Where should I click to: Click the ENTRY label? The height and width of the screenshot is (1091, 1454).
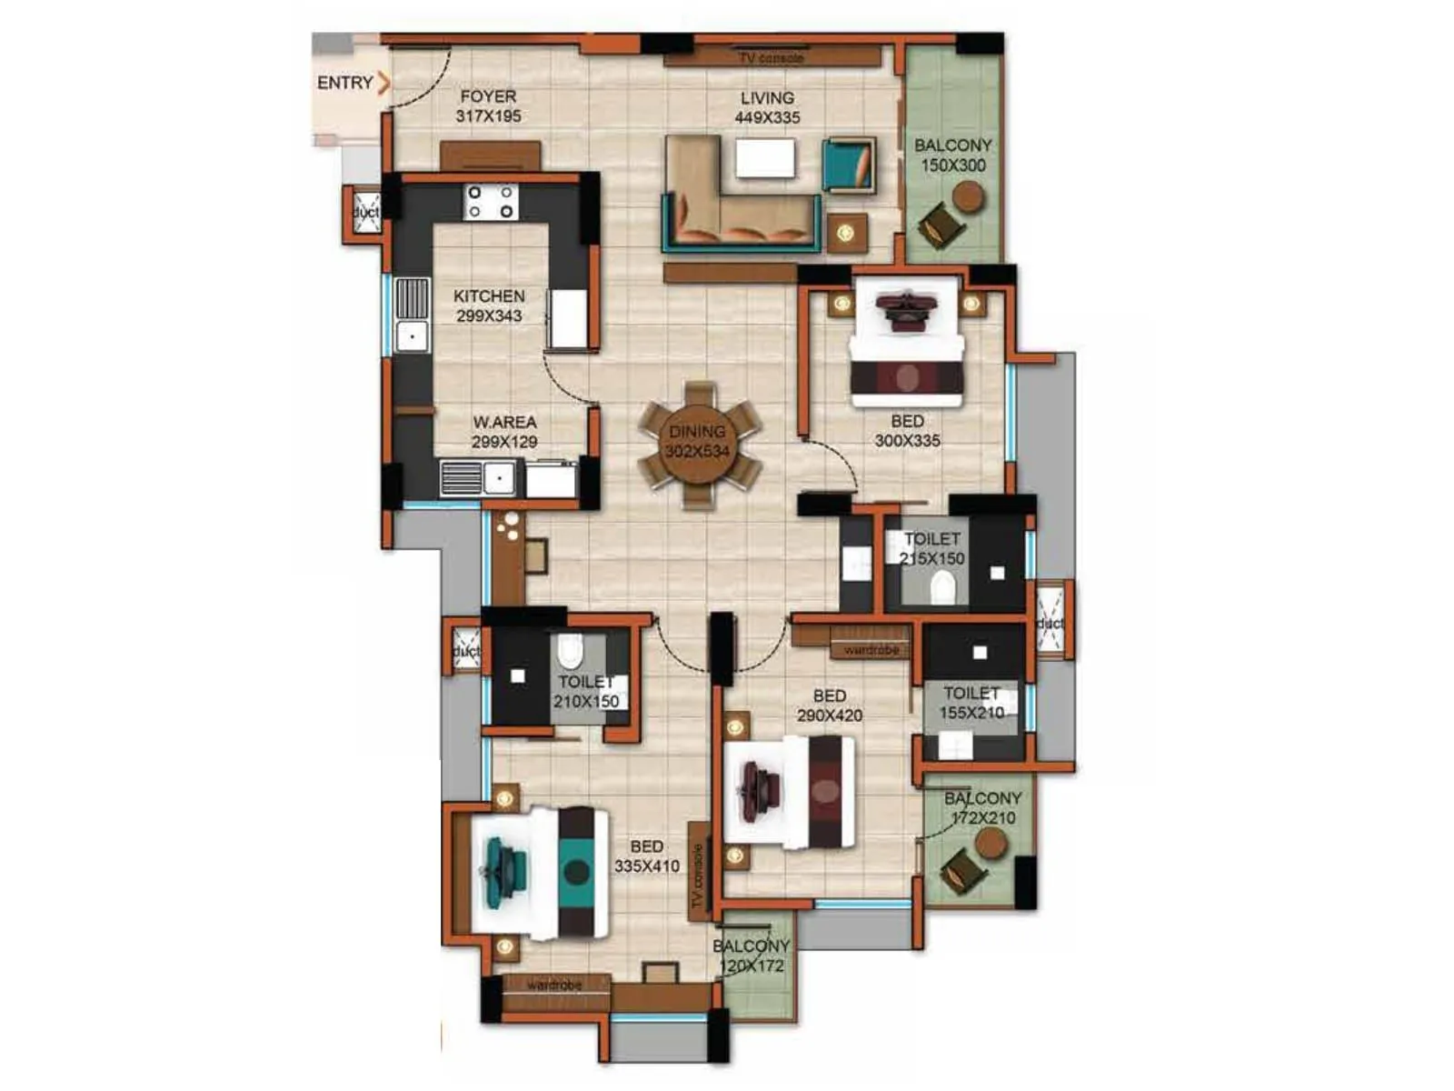344,83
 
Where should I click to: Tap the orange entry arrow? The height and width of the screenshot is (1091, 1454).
384,83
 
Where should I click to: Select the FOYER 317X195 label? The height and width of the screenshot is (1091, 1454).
488,106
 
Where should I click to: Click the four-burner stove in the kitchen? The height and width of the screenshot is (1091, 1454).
491,202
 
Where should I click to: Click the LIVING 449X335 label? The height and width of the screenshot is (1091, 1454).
767,107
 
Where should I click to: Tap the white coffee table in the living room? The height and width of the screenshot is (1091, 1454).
765,158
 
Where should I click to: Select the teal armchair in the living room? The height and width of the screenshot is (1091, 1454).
849,165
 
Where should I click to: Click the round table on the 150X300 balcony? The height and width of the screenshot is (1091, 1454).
969,196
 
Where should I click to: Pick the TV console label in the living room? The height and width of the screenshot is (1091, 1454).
771,58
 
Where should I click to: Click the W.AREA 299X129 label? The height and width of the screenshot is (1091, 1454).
504,432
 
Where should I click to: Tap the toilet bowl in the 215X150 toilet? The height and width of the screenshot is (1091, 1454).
943,586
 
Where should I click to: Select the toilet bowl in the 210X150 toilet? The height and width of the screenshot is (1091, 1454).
570,651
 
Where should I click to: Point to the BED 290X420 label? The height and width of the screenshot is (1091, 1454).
830,706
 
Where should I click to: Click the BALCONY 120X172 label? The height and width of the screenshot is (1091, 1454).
752,956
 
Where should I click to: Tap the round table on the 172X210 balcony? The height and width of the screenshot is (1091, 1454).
991,844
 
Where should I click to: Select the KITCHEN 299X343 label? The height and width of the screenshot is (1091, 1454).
489,306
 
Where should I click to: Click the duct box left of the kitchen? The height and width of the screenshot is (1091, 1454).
365,213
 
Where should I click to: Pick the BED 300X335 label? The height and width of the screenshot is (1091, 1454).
907,431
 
